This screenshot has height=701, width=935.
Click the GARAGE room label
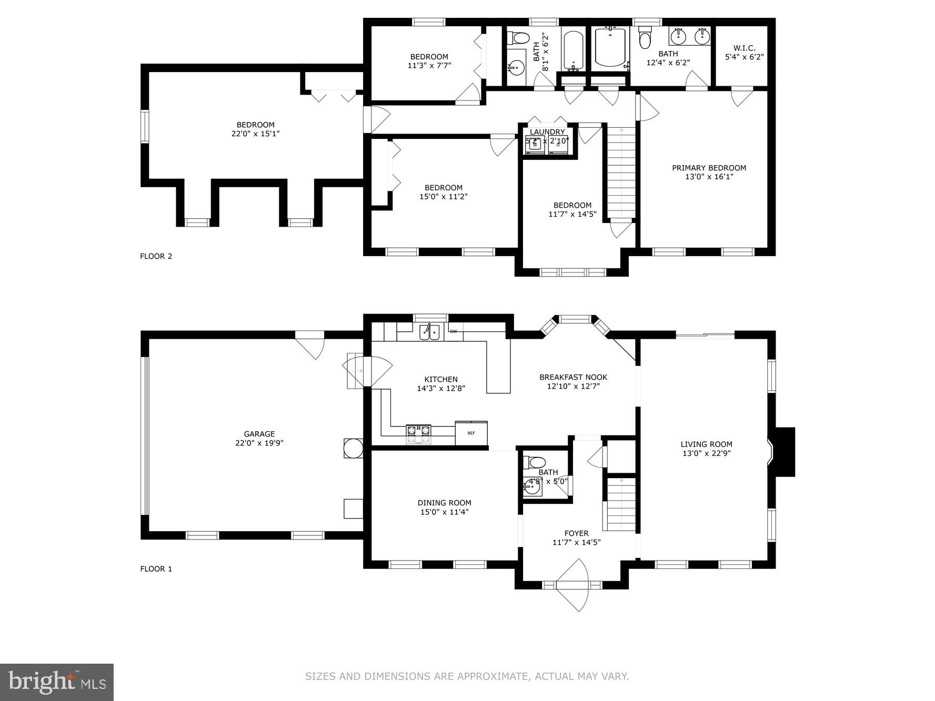pos(259,434)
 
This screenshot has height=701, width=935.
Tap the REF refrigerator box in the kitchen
pos(471,433)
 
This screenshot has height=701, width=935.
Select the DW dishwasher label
pos(453,331)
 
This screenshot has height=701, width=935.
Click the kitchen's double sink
pos(429,332)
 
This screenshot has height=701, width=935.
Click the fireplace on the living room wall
pos(783,452)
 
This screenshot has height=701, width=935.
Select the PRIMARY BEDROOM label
pos(709,168)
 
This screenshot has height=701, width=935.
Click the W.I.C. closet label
pos(744,48)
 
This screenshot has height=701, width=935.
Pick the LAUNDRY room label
pos(547,132)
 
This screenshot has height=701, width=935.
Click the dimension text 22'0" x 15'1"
pos(255,134)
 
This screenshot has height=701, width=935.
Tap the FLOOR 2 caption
pos(156,256)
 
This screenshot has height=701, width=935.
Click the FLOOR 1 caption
pos(156,568)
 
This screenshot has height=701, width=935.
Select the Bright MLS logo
pos(57,682)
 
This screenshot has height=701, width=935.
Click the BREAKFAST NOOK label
pos(573,377)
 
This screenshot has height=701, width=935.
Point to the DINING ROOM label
pos(444,503)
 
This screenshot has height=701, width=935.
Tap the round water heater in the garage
pos(353,448)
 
